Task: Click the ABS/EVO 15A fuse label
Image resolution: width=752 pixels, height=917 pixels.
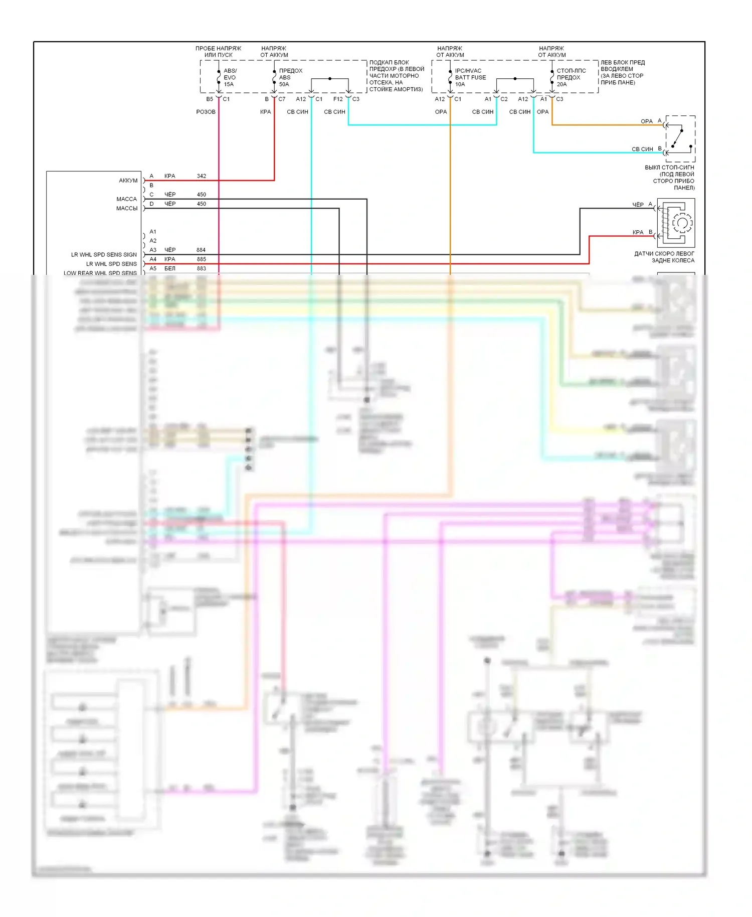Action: [230, 77]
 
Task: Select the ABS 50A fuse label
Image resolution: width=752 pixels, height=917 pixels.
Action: [290, 77]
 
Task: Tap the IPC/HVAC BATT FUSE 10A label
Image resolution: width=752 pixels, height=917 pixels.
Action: [470, 77]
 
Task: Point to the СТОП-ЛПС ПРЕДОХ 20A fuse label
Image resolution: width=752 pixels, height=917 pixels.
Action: [571, 77]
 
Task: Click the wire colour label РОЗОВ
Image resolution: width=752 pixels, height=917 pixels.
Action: [206, 112]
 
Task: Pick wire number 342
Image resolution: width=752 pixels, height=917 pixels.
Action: [202, 176]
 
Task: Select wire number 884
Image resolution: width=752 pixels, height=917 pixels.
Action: [201, 250]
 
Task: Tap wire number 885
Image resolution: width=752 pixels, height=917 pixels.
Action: [202, 259]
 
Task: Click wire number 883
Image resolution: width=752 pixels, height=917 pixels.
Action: [202, 268]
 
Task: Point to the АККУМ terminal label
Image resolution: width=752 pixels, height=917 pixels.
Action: [128, 181]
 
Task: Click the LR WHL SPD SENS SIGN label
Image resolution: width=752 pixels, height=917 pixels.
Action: [104, 255]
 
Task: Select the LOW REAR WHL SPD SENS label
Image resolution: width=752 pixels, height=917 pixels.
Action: [100, 273]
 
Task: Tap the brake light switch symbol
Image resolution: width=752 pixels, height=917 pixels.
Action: [680, 139]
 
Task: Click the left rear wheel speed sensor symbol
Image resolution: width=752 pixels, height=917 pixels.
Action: [676, 223]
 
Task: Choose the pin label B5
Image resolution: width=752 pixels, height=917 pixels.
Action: [210, 99]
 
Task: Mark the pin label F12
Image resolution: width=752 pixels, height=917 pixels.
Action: [338, 99]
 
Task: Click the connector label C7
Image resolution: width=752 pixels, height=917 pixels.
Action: [282, 99]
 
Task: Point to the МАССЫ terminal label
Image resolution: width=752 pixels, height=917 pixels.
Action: [127, 208]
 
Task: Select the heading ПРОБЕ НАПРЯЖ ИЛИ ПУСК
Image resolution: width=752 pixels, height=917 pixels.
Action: [218, 52]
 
